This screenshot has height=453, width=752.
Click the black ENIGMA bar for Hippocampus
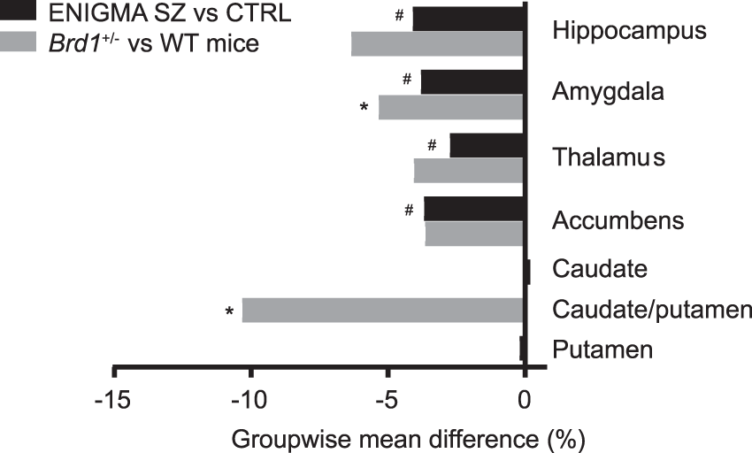pos(468,19)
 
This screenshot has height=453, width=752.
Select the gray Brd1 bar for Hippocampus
pos(437,43)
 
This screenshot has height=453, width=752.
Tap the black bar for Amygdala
pos(472,82)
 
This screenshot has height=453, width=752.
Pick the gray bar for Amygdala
pos(451,107)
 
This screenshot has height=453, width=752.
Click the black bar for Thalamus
pos(487,146)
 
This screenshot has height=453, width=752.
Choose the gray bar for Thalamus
pos(469,170)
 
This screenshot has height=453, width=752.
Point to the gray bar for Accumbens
pos(474,234)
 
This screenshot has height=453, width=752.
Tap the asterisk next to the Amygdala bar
pos(364,108)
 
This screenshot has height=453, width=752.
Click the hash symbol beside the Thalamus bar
pos(432,144)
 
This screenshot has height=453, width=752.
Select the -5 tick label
pos(387,399)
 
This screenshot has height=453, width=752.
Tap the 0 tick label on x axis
pos(525,399)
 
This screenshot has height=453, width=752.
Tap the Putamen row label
pos(602,350)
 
